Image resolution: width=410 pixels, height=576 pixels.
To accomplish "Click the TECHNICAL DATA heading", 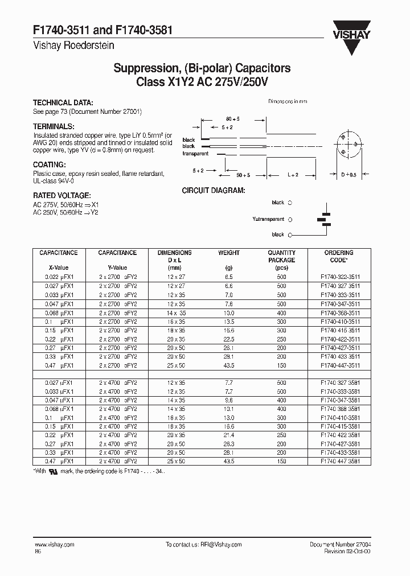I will [63, 103].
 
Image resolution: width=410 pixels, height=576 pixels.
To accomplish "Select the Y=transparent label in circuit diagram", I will [268, 219].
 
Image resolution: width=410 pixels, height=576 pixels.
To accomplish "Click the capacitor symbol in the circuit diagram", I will [325, 219].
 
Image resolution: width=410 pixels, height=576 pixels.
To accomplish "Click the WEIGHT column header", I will [229, 253].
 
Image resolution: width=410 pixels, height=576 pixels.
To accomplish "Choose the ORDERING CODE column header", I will [339, 256].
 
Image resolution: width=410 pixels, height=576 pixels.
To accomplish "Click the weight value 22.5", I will [229, 339].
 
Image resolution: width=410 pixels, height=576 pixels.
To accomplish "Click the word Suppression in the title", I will [145, 68].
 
